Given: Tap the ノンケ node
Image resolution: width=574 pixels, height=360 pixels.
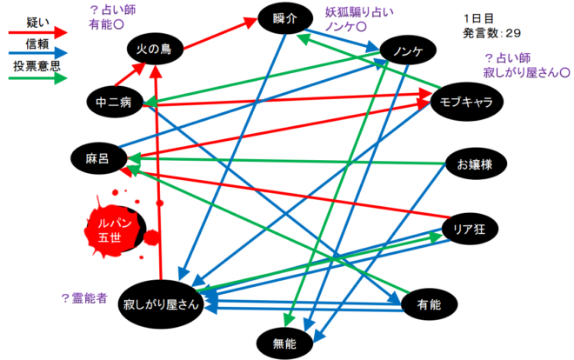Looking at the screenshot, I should pyautogui.click(x=407, y=50).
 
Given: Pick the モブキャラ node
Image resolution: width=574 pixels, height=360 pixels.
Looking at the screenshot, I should pyautogui.click(x=468, y=102).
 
